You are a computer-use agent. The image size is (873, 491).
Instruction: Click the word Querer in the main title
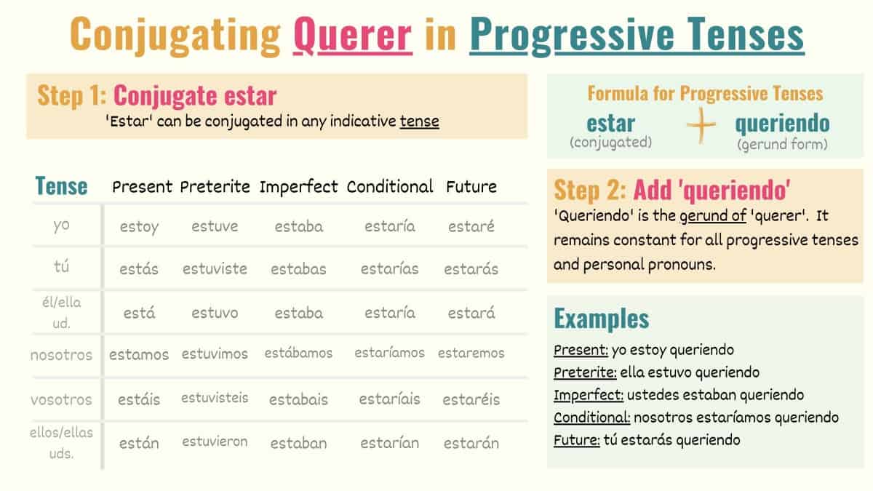(353, 34)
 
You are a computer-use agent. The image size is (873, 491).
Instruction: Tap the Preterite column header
(215, 186)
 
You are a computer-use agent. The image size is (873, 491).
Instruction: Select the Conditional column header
(390, 186)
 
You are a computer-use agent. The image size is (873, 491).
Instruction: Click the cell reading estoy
(139, 226)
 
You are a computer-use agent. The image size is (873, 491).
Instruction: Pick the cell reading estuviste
(215, 268)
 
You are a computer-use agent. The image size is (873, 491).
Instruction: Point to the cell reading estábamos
(298, 354)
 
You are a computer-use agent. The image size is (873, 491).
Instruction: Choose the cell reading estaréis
(471, 399)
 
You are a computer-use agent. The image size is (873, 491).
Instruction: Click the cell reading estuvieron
(215, 442)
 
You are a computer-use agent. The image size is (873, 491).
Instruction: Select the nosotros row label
(61, 355)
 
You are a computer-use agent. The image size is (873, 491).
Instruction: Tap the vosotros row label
(61, 399)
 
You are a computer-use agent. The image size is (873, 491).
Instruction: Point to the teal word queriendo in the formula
(782, 123)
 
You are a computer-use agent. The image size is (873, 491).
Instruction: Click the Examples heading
(601, 319)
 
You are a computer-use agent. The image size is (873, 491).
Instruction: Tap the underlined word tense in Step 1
(419, 121)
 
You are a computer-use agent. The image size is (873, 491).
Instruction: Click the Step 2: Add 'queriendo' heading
(673, 189)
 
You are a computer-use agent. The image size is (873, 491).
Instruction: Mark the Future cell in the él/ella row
(471, 313)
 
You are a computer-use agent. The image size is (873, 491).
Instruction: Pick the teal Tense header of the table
(61, 186)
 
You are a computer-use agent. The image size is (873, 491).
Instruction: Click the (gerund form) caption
(782, 145)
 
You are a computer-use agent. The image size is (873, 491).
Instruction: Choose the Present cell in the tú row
(139, 268)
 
